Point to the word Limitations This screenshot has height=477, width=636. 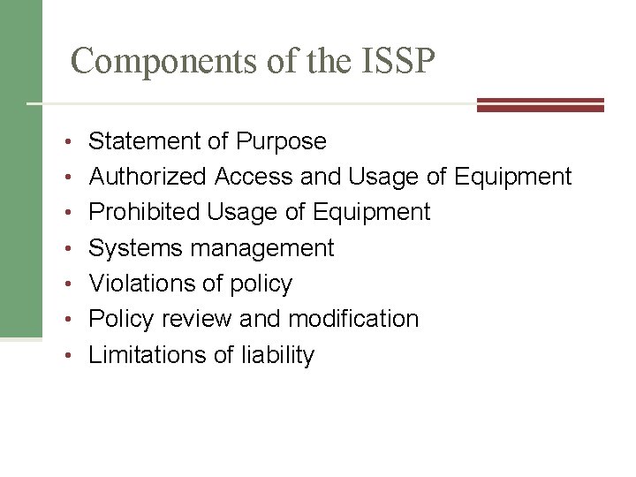coord(148,355)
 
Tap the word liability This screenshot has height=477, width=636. coord(276,355)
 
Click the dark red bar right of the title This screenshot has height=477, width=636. coord(540,105)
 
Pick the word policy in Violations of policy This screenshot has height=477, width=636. coord(258,284)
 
